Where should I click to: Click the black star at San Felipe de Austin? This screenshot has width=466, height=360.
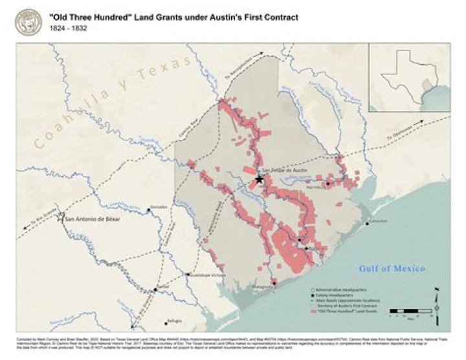click(260, 179)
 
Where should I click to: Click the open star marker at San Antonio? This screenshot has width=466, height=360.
click(61, 216)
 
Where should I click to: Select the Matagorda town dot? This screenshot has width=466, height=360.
click(274, 282)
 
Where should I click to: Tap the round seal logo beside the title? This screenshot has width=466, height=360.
click(27, 21)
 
